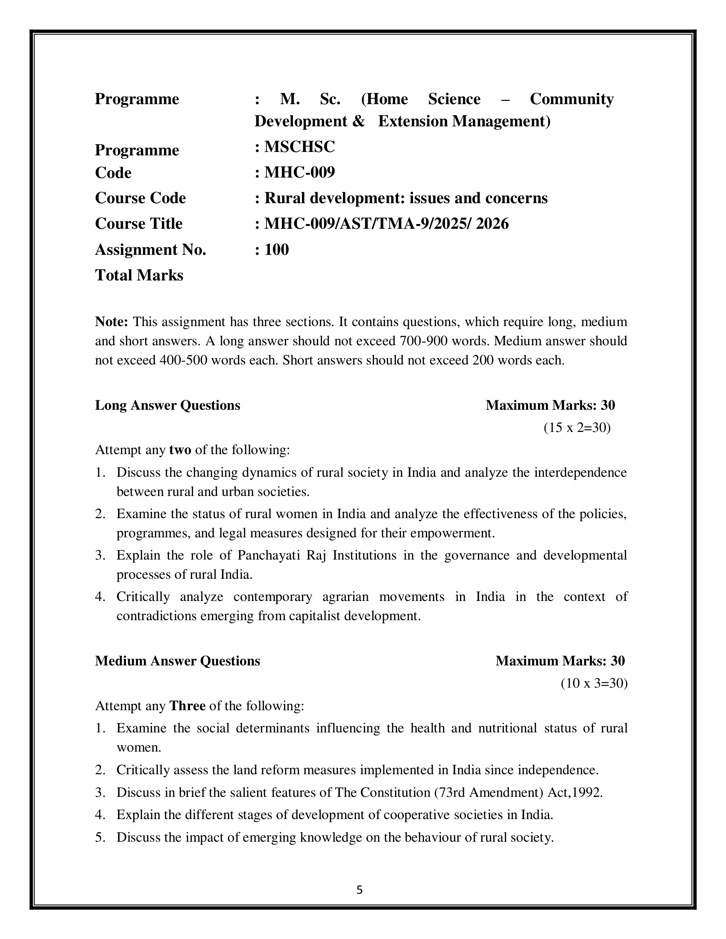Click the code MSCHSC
299,147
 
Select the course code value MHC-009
299,172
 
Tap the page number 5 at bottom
360,890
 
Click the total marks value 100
277,249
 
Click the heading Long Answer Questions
167,405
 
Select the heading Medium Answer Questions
177,661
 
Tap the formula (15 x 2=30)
577,427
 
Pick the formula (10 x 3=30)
594,683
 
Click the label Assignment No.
150,249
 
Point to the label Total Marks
139,275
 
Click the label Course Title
138,224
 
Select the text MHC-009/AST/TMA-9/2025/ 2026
386,224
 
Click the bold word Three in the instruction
187,706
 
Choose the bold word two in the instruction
180,450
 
